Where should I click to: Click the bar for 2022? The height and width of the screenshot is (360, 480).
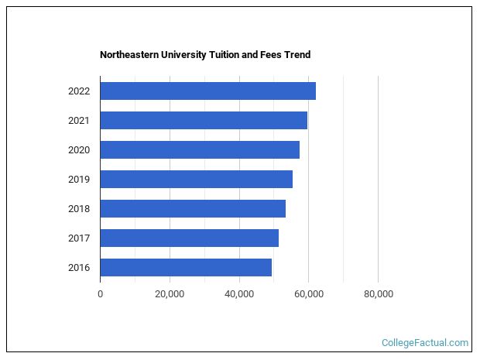click(207, 91)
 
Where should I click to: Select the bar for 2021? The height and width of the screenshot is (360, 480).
click(204, 120)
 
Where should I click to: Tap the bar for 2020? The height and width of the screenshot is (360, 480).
click(200, 149)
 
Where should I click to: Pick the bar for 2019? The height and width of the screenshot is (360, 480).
click(196, 179)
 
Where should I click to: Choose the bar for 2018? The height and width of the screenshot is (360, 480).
click(193, 208)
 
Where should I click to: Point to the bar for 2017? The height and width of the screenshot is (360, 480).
click(189, 238)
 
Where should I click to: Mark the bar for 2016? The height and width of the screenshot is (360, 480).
click(186, 267)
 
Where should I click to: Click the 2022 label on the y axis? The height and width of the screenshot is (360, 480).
click(79, 91)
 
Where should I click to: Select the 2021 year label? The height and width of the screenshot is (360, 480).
click(79, 120)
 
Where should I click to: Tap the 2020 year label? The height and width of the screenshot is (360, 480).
click(79, 149)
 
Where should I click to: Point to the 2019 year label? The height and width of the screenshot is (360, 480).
click(79, 179)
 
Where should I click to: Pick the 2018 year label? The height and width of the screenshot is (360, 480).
click(79, 208)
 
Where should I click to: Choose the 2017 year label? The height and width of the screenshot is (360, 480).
click(79, 238)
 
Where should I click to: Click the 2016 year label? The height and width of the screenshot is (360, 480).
click(79, 267)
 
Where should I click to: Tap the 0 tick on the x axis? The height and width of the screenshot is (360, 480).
click(100, 293)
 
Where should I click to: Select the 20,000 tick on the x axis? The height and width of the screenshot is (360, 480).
click(170, 293)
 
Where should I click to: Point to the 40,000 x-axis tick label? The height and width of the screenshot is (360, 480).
click(239, 293)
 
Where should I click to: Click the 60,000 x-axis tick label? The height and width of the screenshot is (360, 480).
click(308, 293)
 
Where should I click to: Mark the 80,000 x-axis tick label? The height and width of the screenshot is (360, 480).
click(378, 293)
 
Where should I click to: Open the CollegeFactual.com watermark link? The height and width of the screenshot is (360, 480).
click(425, 342)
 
